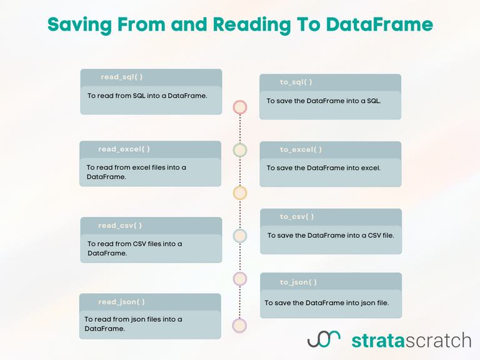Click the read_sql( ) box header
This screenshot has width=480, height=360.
click(x=122, y=77)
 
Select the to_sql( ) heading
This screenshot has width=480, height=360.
click(x=296, y=82)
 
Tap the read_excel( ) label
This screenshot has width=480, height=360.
click(x=124, y=149)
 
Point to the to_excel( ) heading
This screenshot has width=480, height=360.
click(x=301, y=149)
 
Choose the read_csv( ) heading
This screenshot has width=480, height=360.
click(x=119, y=226)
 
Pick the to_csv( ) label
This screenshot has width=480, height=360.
click(x=297, y=217)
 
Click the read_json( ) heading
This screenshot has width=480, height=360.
click(x=121, y=302)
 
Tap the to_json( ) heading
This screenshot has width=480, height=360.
click(x=298, y=282)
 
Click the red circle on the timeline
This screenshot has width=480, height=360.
click(x=240, y=107)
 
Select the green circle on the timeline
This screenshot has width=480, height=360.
click(x=240, y=150)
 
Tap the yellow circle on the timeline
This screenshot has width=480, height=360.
click(x=240, y=192)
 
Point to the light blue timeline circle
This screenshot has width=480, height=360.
click(x=240, y=236)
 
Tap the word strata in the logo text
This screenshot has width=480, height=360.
click(x=378, y=340)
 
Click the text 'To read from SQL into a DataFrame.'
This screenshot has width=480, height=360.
click(x=147, y=96)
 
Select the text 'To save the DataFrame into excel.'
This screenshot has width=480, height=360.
click(x=323, y=167)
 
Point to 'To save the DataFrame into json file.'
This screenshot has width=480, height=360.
click(x=326, y=302)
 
